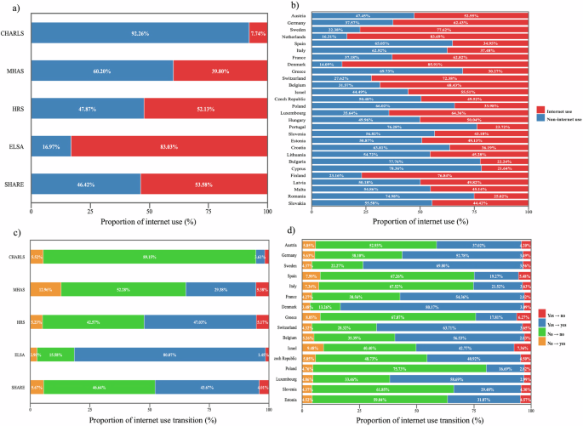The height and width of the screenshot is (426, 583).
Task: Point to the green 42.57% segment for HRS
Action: click(x=94, y=322)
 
